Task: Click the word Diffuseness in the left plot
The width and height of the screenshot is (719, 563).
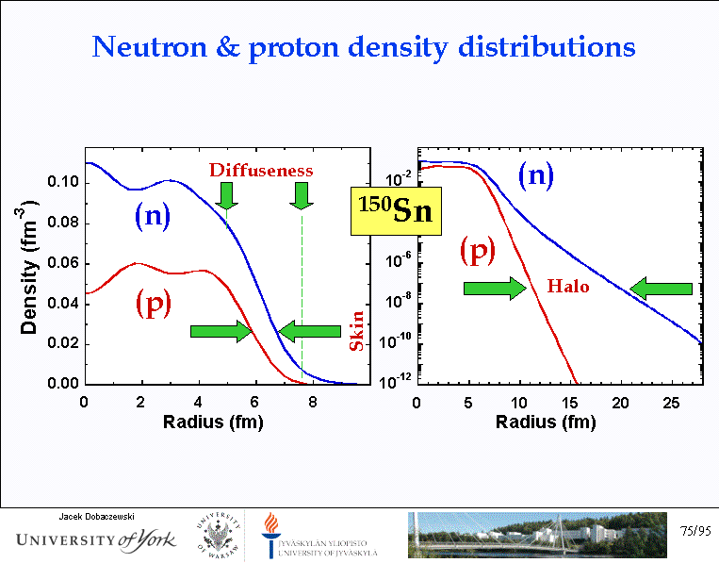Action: [261, 170]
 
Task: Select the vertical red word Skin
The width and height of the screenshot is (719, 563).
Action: [357, 331]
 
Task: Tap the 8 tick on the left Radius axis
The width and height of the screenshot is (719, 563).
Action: [315, 402]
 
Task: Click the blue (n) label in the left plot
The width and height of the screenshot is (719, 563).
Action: [152, 217]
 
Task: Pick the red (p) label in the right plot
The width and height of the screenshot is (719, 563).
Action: [478, 250]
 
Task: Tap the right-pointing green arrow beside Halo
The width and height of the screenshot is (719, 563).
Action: [494, 288]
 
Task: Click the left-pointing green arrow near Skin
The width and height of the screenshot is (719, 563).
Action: [309, 330]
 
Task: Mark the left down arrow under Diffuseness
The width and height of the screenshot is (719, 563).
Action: [226, 195]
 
